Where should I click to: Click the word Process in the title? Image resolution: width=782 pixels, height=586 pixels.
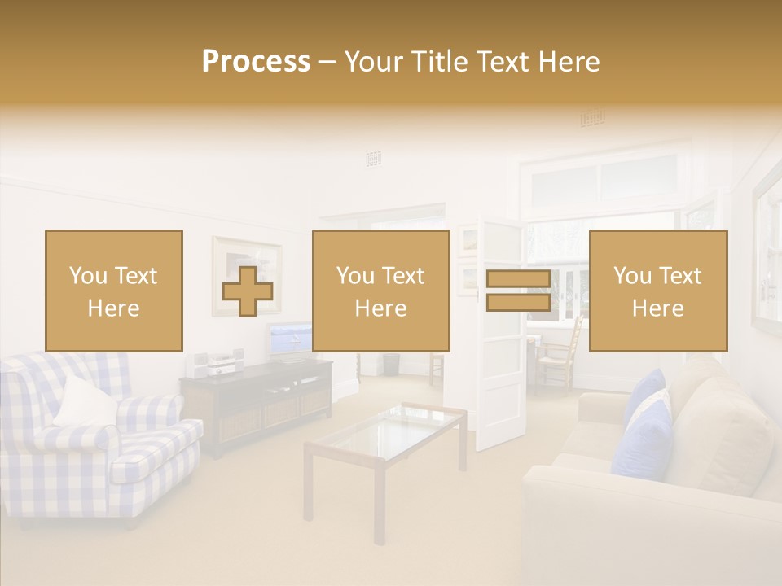(x=256, y=62)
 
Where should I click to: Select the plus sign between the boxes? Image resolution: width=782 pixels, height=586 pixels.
(x=248, y=291)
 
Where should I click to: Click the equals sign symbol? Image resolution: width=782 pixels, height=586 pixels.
(x=518, y=291)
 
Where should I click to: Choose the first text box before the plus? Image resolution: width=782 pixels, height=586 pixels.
(x=114, y=291)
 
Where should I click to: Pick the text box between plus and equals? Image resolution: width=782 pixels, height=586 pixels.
(x=381, y=291)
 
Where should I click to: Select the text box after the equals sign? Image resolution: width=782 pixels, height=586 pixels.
(x=658, y=291)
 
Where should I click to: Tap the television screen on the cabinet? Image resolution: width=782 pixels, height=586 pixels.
(x=289, y=339)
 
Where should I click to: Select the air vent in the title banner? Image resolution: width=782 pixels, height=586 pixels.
(x=592, y=119)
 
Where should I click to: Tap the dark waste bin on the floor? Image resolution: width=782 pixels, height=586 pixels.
(x=392, y=364)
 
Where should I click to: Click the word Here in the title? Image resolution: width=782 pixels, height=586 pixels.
(x=569, y=62)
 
